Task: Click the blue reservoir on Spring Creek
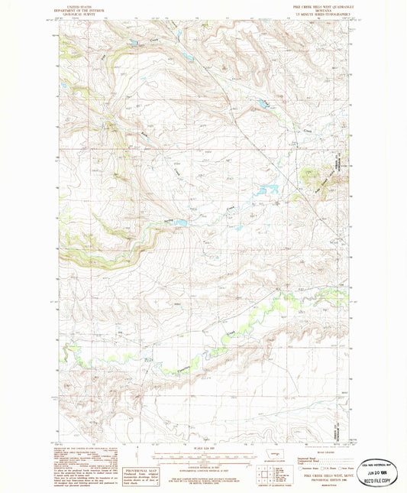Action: [x=181, y=223]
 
